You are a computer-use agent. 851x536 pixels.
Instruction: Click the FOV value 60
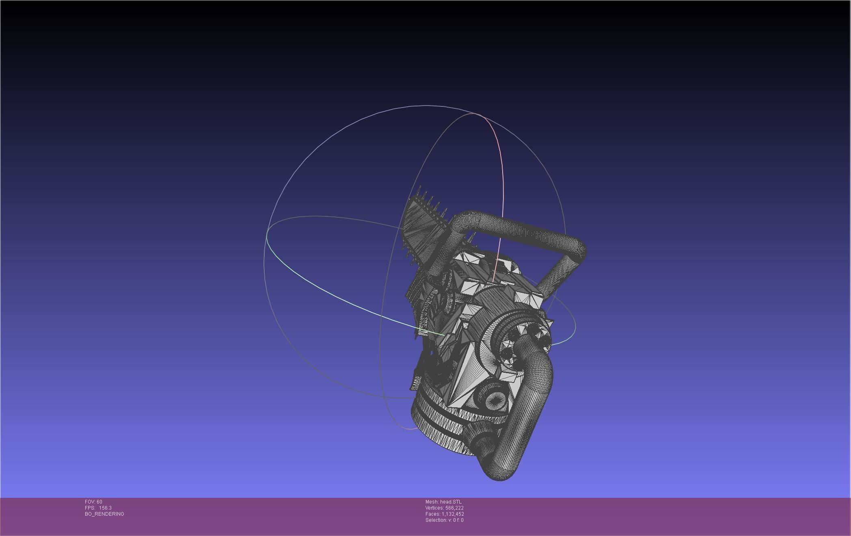[x=99, y=502]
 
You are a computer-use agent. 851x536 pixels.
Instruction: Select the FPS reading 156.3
[x=105, y=508]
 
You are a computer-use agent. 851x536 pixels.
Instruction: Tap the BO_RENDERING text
[x=104, y=514]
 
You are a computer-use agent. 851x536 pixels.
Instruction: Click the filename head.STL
[x=451, y=502]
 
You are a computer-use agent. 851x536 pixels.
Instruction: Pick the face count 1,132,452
[x=453, y=514]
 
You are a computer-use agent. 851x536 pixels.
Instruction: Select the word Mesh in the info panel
[x=432, y=502]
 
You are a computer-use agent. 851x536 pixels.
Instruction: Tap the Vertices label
[x=434, y=508]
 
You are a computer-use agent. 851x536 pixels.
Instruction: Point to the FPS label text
[x=90, y=508]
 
